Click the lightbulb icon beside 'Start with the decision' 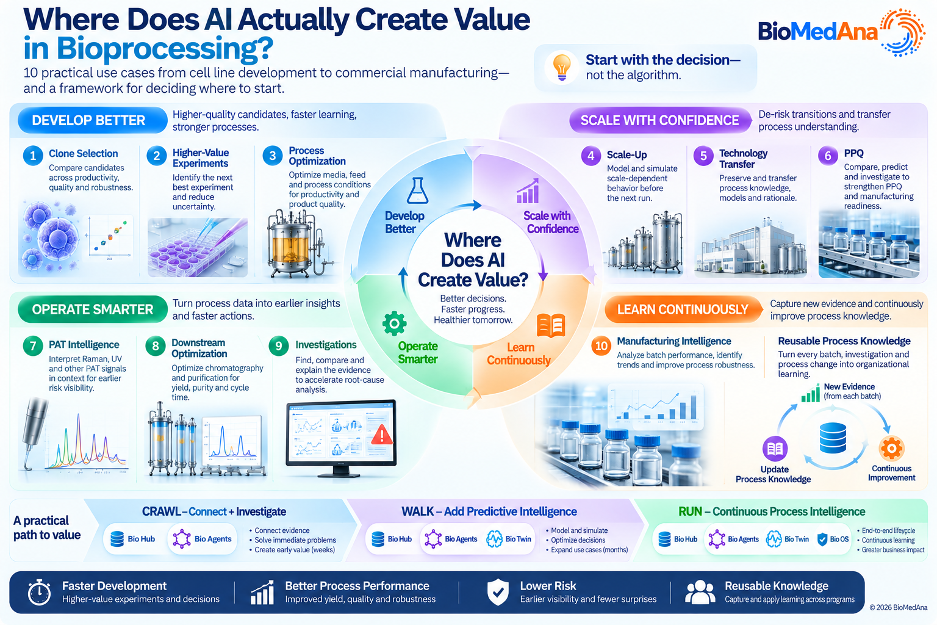point(562,67)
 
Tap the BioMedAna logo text point(817,31)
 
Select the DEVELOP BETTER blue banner point(93,120)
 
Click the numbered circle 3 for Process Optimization point(273,156)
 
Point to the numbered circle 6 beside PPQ point(828,156)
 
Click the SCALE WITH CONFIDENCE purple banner point(660,120)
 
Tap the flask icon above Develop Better point(417,190)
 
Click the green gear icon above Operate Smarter point(394,323)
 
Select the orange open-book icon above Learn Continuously point(551,325)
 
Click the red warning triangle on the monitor point(381,435)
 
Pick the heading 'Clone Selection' point(83,153)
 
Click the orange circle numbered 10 point(601,346)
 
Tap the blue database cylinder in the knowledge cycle point(833,438)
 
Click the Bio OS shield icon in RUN point(822,539)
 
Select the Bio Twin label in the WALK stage point(518,539)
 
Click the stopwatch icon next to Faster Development point(39,592)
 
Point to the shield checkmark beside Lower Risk point(498,593)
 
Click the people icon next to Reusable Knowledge point(700,592)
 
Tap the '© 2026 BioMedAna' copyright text point(898,607)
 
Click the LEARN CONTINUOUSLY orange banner point(683,309)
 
